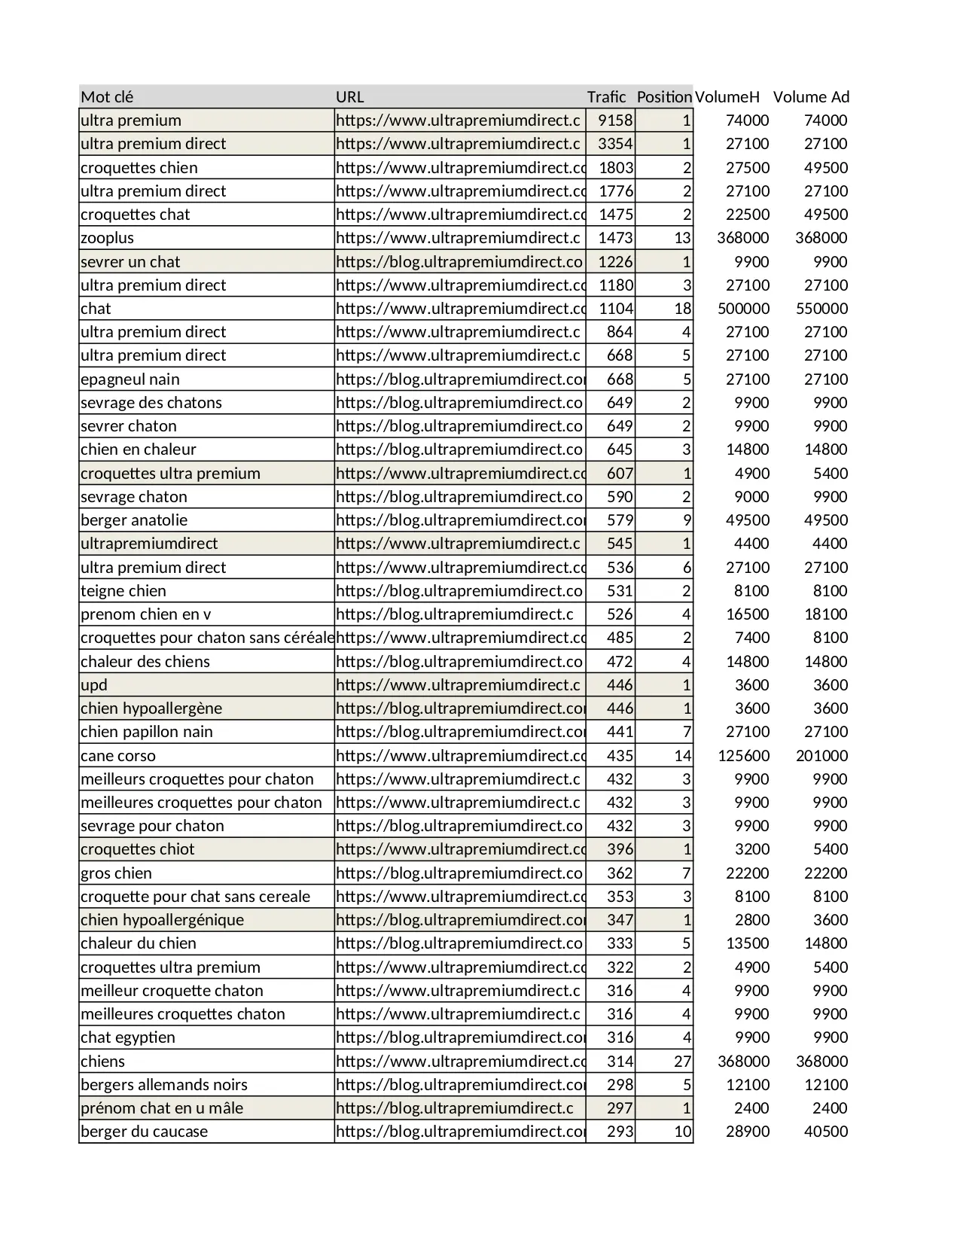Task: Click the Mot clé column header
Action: pos(107,97)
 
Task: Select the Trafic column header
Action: pos(606,97)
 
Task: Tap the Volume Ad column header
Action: pos(811,97)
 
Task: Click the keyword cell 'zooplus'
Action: pos(108,238)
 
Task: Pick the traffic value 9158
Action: pos(615,120)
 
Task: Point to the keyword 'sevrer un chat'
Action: pos(130,262)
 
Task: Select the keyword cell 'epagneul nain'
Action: pos(130,379)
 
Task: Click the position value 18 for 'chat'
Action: pos(682,309)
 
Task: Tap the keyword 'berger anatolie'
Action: pos(134,520)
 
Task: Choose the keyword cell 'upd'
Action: pos(94,685)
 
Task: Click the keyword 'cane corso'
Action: pos(118,756)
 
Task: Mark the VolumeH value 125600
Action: pos(743,756)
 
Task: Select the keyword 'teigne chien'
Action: pos(123,591)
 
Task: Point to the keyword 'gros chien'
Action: pos(117,873)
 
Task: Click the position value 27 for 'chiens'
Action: pos(682,1062)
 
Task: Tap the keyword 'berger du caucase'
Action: pos(145,1132)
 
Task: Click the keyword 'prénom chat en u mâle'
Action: pos(162,1108)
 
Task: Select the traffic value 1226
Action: pos(615,262)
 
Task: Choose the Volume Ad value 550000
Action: pos(821,309)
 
